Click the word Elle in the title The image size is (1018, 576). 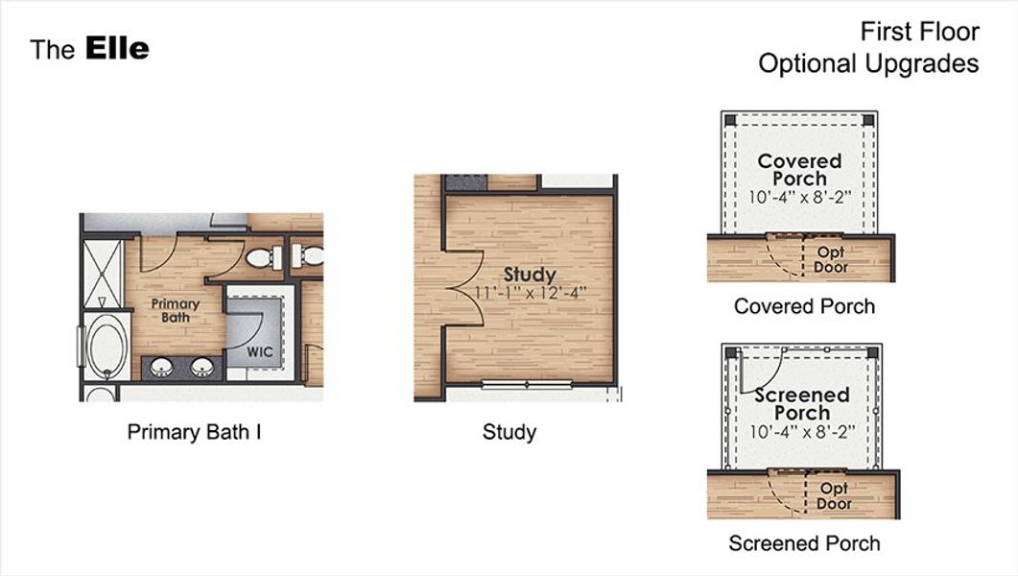pyautogui.click(x=117, y=48)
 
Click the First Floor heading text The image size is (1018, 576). pyautogui.click(x=919, y=32)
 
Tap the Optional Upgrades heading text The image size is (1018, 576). pyautogui.click(x=868, y=63)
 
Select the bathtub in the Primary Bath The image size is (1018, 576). pyautogui.click(x=106, y=346)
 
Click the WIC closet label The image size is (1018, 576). pyautogui.click(x=260, y=351)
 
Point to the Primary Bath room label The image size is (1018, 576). pyautogui.click(x=176, y=310)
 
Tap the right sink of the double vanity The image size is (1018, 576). pyautogui.click(x=201, y=367)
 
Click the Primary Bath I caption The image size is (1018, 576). pyautogui.click(x=194, y=432)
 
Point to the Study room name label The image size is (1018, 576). pyautogui.click(x=530, y=275)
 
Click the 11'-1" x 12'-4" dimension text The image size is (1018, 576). pyautogui.click(x=530, y=292)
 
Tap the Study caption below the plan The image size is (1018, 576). pyautogui.click(x=509, y=432)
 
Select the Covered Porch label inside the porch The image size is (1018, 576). pyautogui.click(x=799, y=170)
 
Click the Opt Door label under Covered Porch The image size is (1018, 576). pyautogui.click(x=831, y=260)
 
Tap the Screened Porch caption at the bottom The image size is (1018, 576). pyautogui.click(x=804, y=543)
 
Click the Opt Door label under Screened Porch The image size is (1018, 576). pyautogui.click(x=834, y=496)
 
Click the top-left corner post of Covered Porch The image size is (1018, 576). pyautogui.click(x=730, y=120)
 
